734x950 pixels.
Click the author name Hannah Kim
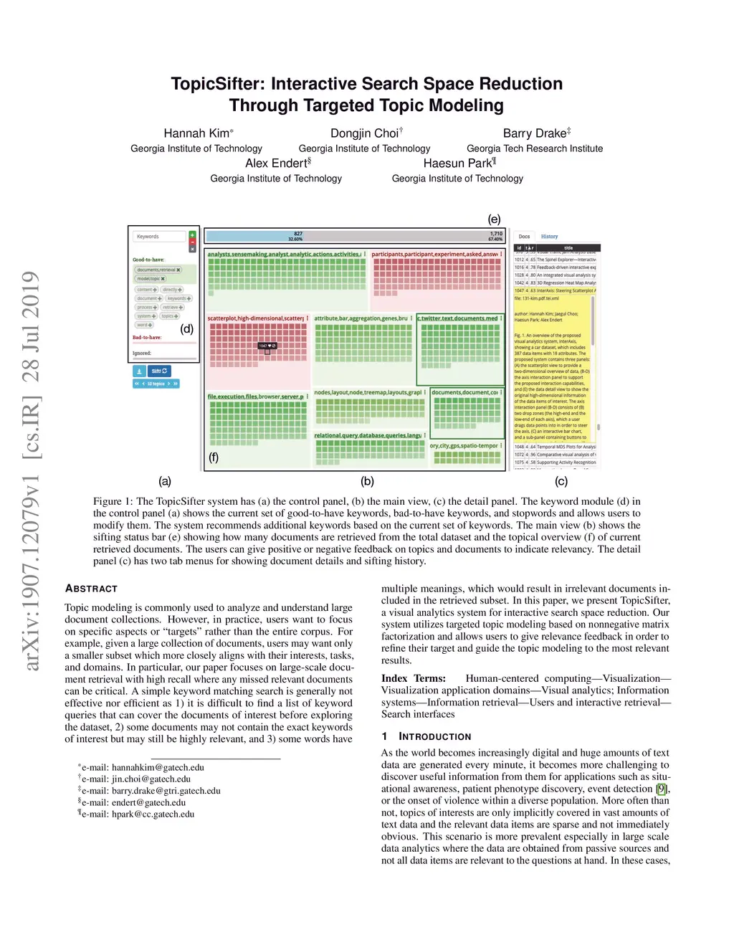click(x=196, y=133)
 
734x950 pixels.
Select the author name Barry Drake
click(x=534, y=133)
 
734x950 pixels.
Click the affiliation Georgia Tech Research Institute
click(x=535, y=148)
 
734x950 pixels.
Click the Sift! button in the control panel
click(x=159, y=371)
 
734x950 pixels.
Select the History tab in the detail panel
click(x=549, y=237)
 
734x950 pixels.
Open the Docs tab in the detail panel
click(x=524, y=237)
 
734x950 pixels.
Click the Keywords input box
click(x=158, y=237)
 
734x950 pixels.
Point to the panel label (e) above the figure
click(x=494, y=219)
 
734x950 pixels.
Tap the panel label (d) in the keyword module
click(x=187, y=329)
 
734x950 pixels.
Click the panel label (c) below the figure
click(x=561, y=482)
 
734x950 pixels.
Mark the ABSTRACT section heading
click(x=91, y=589)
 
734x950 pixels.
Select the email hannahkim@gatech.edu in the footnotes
click(x=158, y=767)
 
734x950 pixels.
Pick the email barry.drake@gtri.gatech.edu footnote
click(x=166, y=791)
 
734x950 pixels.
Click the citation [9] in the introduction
click(x=661, y=789)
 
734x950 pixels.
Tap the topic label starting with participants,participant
click(x=434, y=255)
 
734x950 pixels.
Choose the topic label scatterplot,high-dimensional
click(x=256, y=318)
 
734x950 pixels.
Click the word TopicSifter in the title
click(x=218, y=84)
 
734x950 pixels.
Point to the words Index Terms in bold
click(x=414, y=678)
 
